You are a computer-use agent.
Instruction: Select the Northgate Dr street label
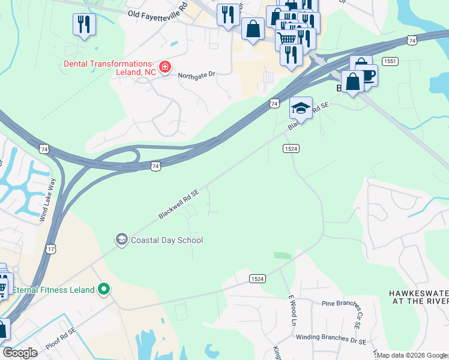point(196,76)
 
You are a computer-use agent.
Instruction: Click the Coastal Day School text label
point(166,240)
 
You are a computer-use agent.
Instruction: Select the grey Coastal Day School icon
point(121,240)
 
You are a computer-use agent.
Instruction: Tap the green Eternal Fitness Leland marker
point(104,290)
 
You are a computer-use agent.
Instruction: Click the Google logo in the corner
point(20,353)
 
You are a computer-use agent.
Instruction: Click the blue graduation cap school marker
point(301,108)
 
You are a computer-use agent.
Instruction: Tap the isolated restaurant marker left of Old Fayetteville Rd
point(83,25)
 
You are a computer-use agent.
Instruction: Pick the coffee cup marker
point(366,74)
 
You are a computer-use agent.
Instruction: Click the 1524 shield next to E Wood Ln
point(257,279)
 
